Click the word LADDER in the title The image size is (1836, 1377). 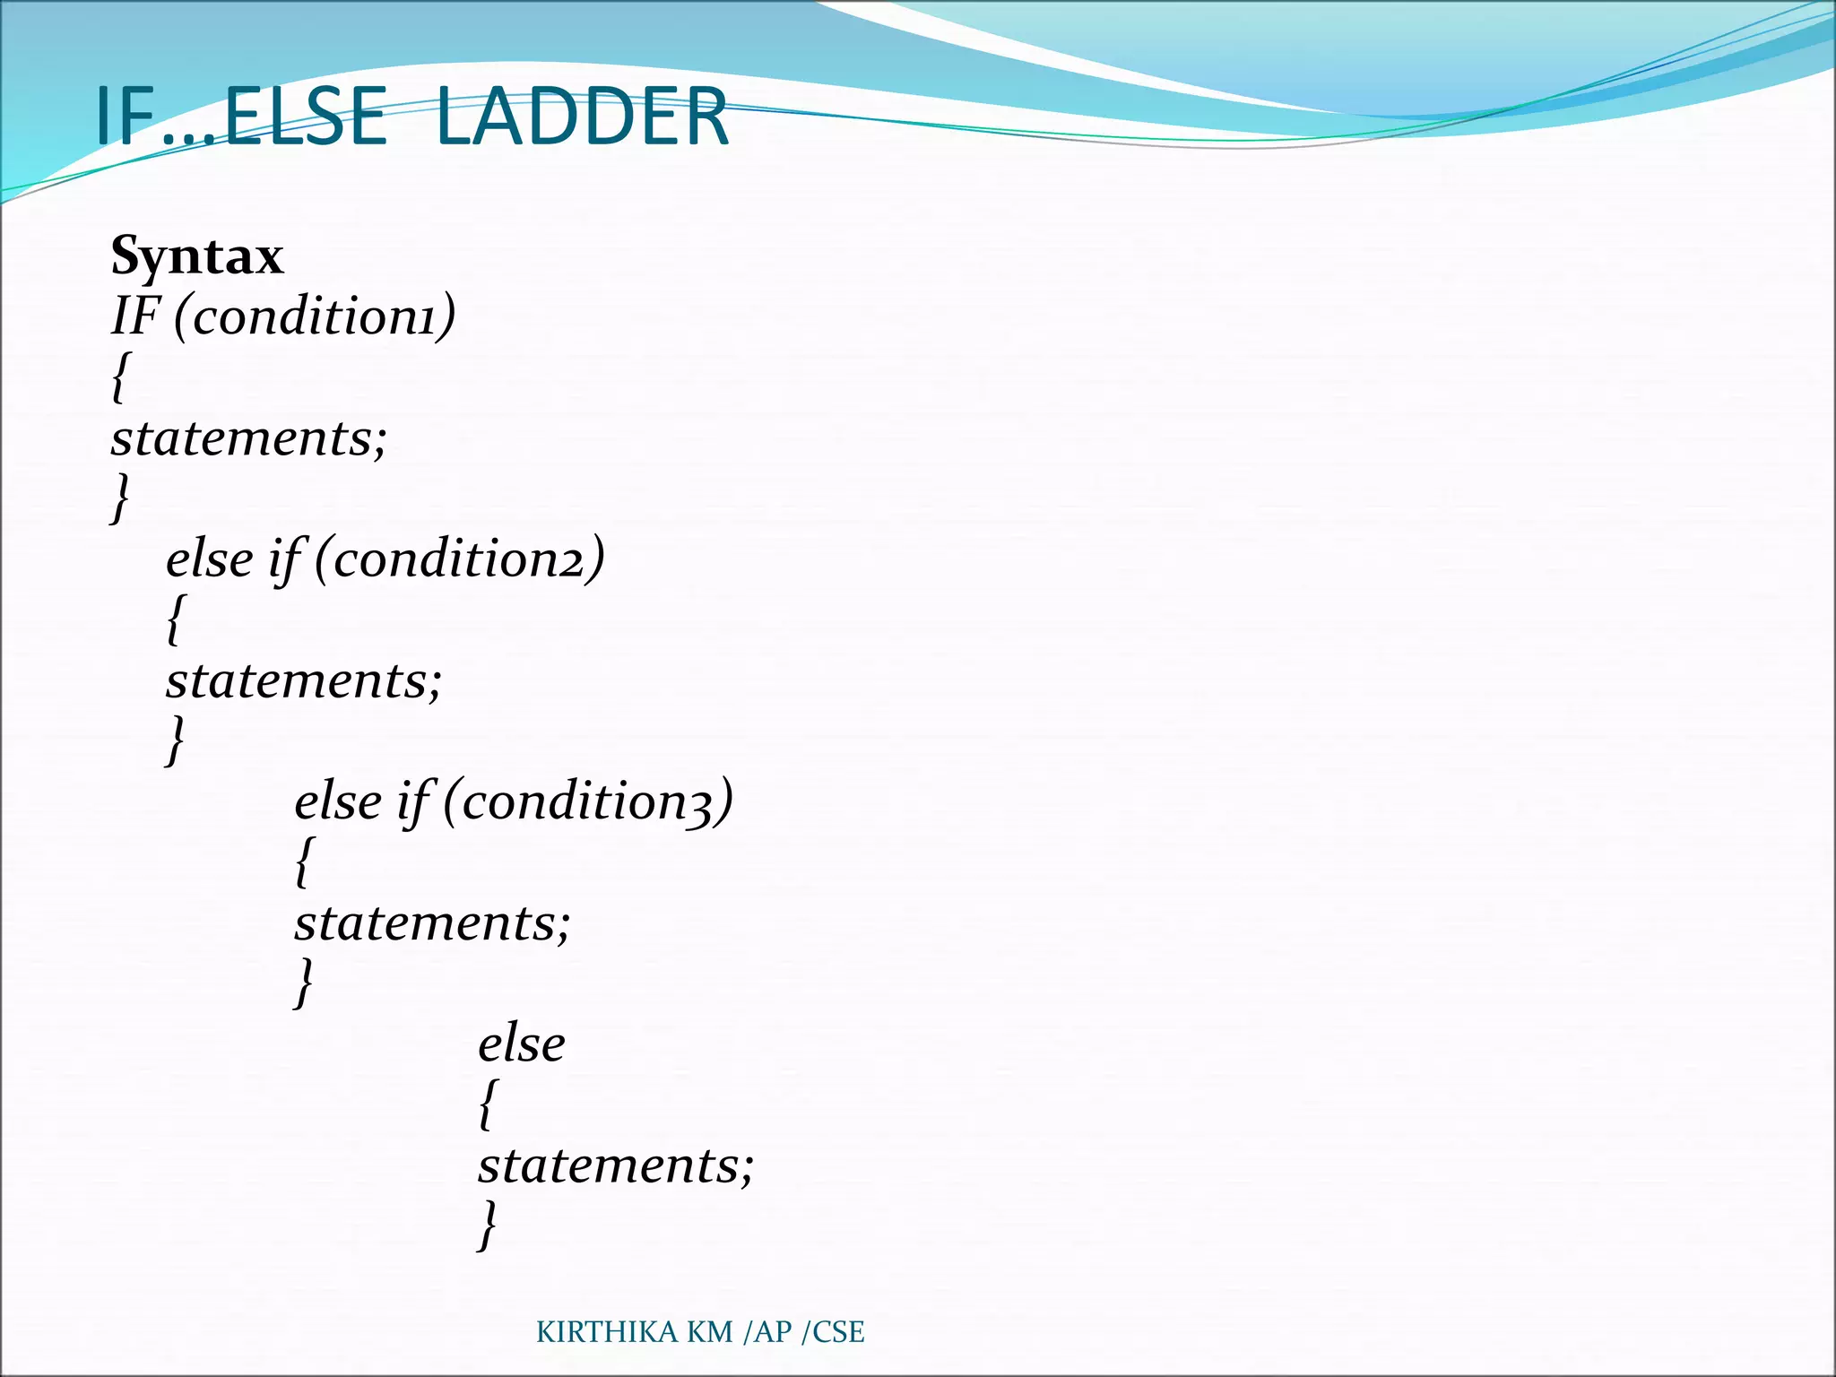(582, 117)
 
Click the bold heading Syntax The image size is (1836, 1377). (197, 256)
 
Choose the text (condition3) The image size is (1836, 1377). (588, 801)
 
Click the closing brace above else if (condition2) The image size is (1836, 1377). (120, 498)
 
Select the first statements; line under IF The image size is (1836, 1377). (249, 438)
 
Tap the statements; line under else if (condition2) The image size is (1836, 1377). (304, 680)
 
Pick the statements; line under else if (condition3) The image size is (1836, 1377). (432, 922)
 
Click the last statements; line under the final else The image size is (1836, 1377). (616, 1165)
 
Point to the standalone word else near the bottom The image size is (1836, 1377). (521, 1044)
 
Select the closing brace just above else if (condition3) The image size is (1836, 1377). (176, 740)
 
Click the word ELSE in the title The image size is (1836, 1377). (305, 117)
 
